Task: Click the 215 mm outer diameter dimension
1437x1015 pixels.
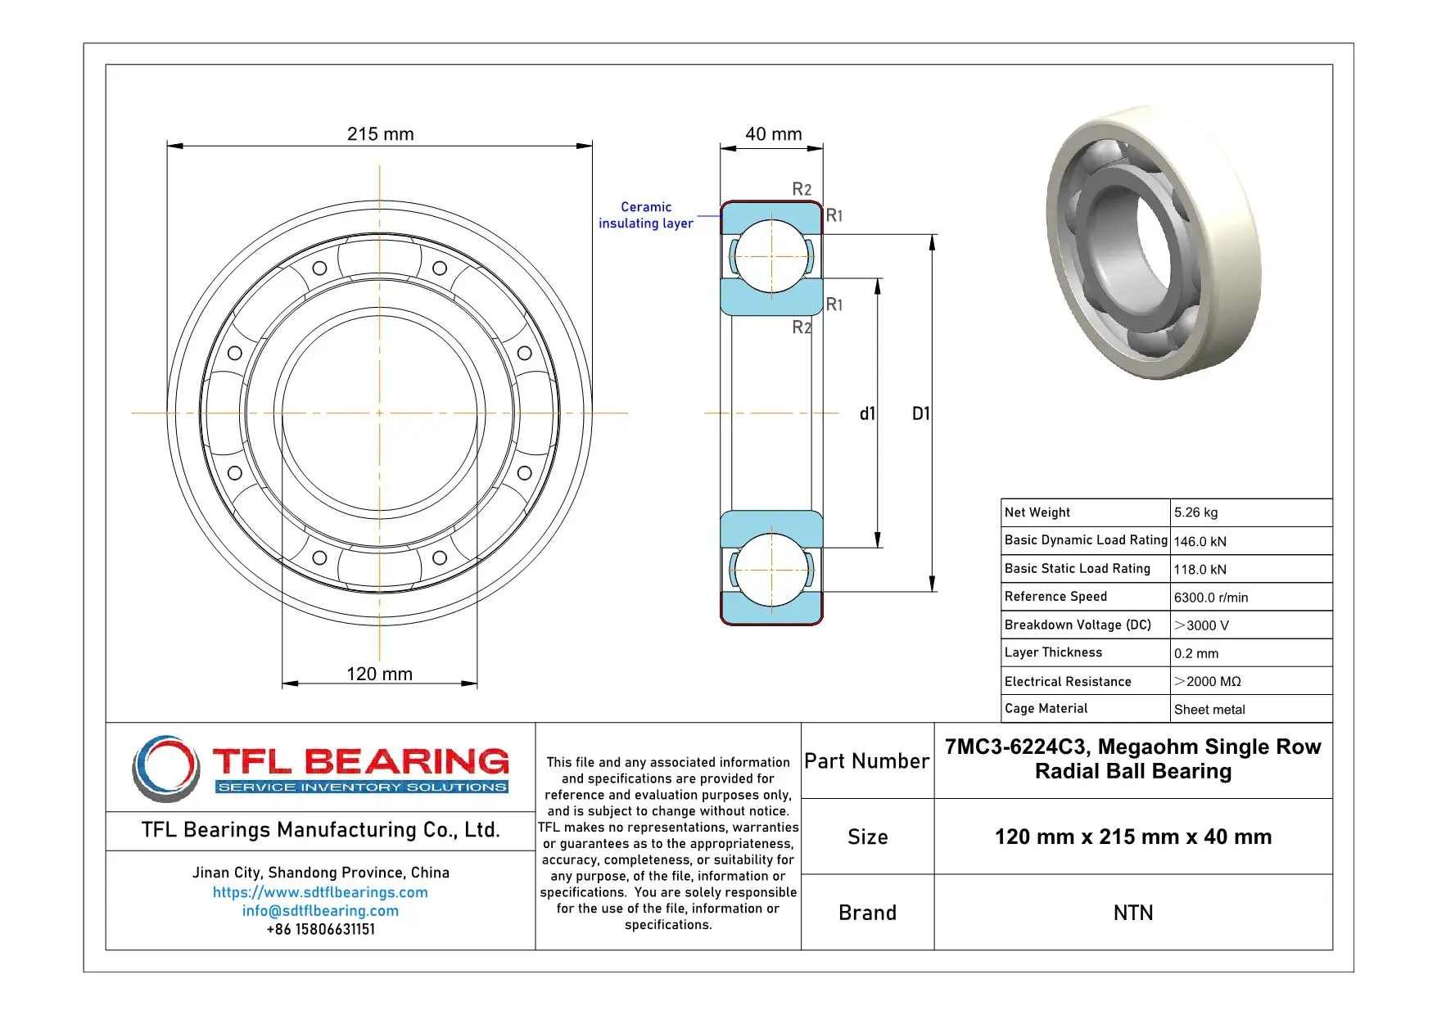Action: click(380, 133)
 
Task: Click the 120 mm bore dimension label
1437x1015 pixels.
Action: click(379, 674)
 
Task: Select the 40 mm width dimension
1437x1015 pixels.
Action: click(773, 133)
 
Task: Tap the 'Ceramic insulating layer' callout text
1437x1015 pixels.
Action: click(645, 215)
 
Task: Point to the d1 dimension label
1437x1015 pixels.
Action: click(867, 413)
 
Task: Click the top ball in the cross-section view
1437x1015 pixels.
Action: click(771, 256)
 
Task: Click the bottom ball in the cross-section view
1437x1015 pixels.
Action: click(771, 570)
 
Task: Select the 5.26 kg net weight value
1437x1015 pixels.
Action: click(1195, 512)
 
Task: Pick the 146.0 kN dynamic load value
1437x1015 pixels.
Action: click(1200, 541)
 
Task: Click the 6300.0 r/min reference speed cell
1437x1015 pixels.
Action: click(1210, 598)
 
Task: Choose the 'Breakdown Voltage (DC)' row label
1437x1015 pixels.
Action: click(1078, 625)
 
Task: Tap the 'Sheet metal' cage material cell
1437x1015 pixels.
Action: click(1209, 710)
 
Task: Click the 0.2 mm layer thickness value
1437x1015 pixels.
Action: click(1195, 653)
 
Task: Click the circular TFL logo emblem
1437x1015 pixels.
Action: click(166, 768)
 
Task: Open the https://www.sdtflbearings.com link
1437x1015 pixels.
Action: click(320, 892)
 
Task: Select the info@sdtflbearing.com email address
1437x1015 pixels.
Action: click(320, 910)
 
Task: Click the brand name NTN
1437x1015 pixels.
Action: click(1132, 913)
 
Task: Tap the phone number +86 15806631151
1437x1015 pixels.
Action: click(320, 929)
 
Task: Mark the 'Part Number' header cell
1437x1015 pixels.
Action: click(866, 761)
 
